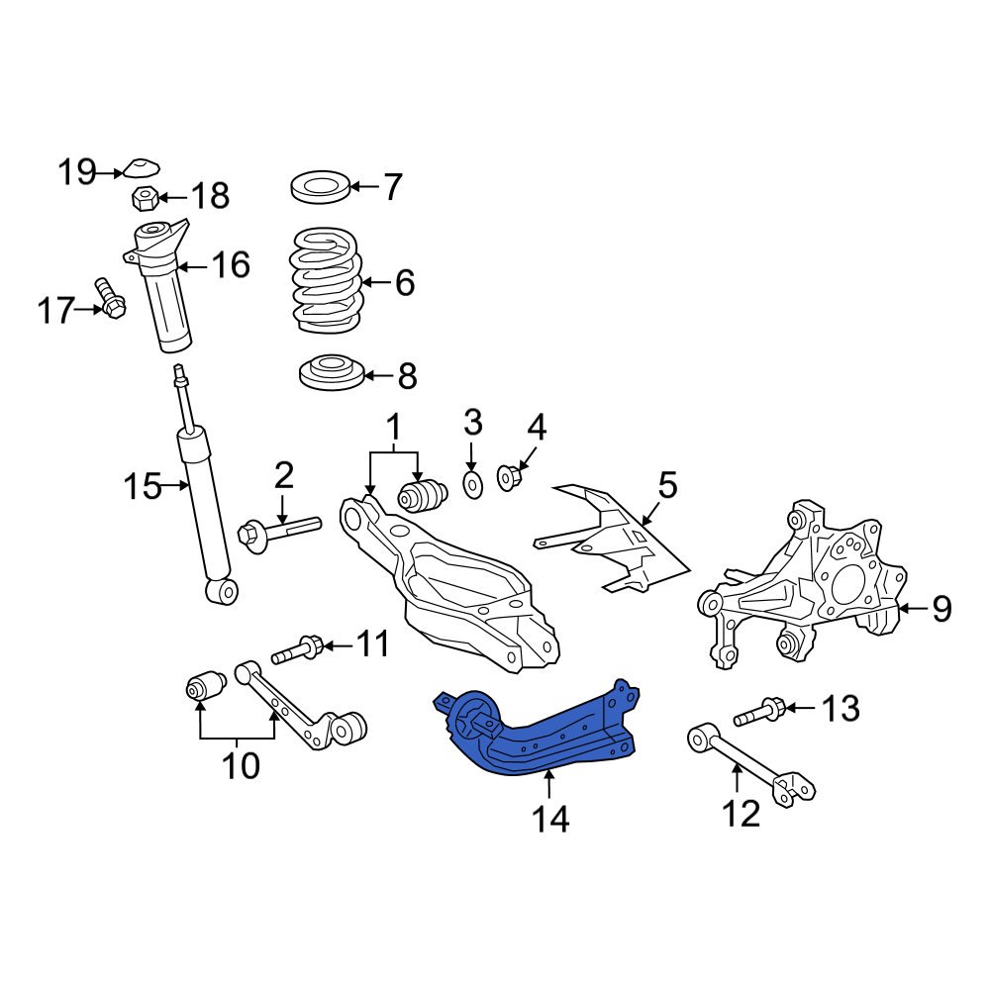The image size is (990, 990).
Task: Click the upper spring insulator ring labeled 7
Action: (x=321, y=185)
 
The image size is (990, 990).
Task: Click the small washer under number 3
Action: (x=472, y=485)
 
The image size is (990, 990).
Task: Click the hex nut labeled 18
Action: (x=144, y=197)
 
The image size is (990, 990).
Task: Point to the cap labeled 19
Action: (x=145, y=166)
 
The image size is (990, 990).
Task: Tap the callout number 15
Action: (x=142, y=486)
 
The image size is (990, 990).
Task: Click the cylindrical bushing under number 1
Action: (x=422, y=496)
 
